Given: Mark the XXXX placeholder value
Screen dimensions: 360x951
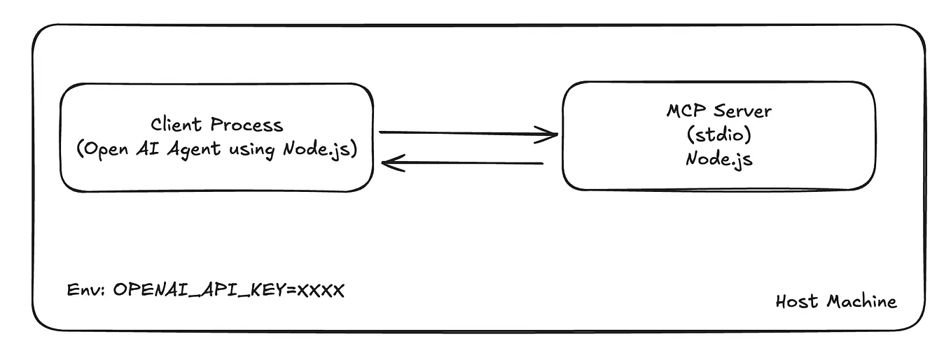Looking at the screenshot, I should [321, 290].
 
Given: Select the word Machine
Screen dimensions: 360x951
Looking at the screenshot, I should [861, 301].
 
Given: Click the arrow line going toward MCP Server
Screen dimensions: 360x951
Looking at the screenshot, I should [462, 132].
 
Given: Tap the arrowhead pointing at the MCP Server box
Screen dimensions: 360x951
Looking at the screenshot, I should [550, 134].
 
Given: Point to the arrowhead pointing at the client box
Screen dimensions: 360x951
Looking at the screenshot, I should [388, 164].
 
